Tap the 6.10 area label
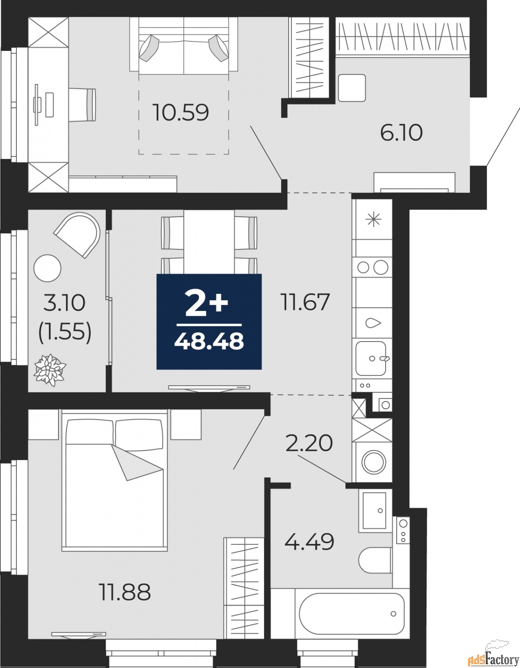[401, 133]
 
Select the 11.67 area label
[305, 301]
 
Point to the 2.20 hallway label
[309, 443]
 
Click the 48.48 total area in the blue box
[209, 341]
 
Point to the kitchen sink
[371, 358]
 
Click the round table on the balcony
[47, 268]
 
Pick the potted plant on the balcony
[50, 370]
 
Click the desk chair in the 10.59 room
[82, 104]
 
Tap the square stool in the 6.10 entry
[352, 88]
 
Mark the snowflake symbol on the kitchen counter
[373, 220]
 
